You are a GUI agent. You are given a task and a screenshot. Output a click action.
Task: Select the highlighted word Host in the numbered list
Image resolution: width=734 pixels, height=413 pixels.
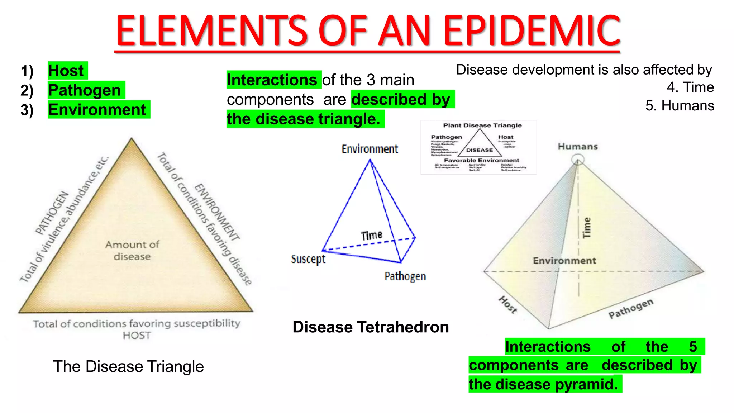coord(66,71)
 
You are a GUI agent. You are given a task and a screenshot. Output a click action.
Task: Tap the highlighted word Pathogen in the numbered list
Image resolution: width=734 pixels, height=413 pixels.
coord(85,90)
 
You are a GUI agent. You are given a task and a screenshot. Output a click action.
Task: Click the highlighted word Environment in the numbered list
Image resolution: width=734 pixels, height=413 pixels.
coord(97,110)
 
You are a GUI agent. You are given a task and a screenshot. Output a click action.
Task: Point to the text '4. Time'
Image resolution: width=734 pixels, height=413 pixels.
coord(690,87)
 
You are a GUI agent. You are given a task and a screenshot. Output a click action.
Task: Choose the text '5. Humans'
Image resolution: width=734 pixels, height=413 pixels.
coord(680,106)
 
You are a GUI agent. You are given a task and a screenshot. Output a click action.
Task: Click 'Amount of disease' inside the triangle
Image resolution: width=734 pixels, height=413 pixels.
coord(132,251)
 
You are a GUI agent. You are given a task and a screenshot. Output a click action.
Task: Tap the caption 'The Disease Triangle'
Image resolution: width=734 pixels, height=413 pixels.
coord(128,366)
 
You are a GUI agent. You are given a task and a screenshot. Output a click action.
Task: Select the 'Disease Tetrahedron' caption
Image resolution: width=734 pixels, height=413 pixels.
coord(371,327)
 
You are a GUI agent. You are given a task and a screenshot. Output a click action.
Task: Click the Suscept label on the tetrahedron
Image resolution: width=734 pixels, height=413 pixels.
coord(308,259)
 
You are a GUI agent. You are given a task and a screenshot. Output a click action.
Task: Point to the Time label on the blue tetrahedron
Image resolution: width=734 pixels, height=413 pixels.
coord(371,236)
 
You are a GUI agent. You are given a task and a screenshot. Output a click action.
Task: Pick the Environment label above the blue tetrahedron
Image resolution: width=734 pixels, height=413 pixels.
coord(370,149)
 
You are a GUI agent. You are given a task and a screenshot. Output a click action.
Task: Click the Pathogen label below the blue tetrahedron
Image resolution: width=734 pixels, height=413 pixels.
coord(405,276)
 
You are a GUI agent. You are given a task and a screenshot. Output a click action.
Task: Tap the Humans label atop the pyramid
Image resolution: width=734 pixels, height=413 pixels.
coord(578,147)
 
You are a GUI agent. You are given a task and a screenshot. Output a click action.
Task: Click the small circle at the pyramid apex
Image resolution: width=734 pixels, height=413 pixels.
coord(578,159)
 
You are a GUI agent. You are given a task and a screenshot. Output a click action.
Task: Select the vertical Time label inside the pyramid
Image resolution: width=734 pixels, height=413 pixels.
coord(587,228)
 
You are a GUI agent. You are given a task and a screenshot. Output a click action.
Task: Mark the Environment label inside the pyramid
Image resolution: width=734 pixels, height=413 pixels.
coord(564,261)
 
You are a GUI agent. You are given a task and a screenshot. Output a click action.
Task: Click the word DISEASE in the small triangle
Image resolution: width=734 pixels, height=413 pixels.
coord(480,150)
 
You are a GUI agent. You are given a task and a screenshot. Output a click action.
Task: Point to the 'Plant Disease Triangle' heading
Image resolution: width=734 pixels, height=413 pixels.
coord(482,125)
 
